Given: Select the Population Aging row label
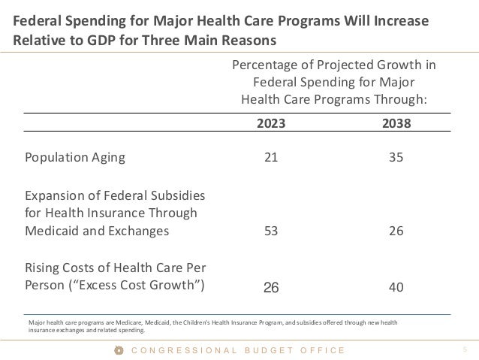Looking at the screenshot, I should coord(76,158).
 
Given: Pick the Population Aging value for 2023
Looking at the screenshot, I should coord(271,158).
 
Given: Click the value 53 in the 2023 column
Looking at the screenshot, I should coord(271,231).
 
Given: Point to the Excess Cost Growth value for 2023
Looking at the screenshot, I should coord(271,286).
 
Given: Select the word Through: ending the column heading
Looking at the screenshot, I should coord(397,98).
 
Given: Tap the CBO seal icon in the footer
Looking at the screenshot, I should coord(116,350).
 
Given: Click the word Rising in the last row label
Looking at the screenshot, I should coord(43,268).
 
